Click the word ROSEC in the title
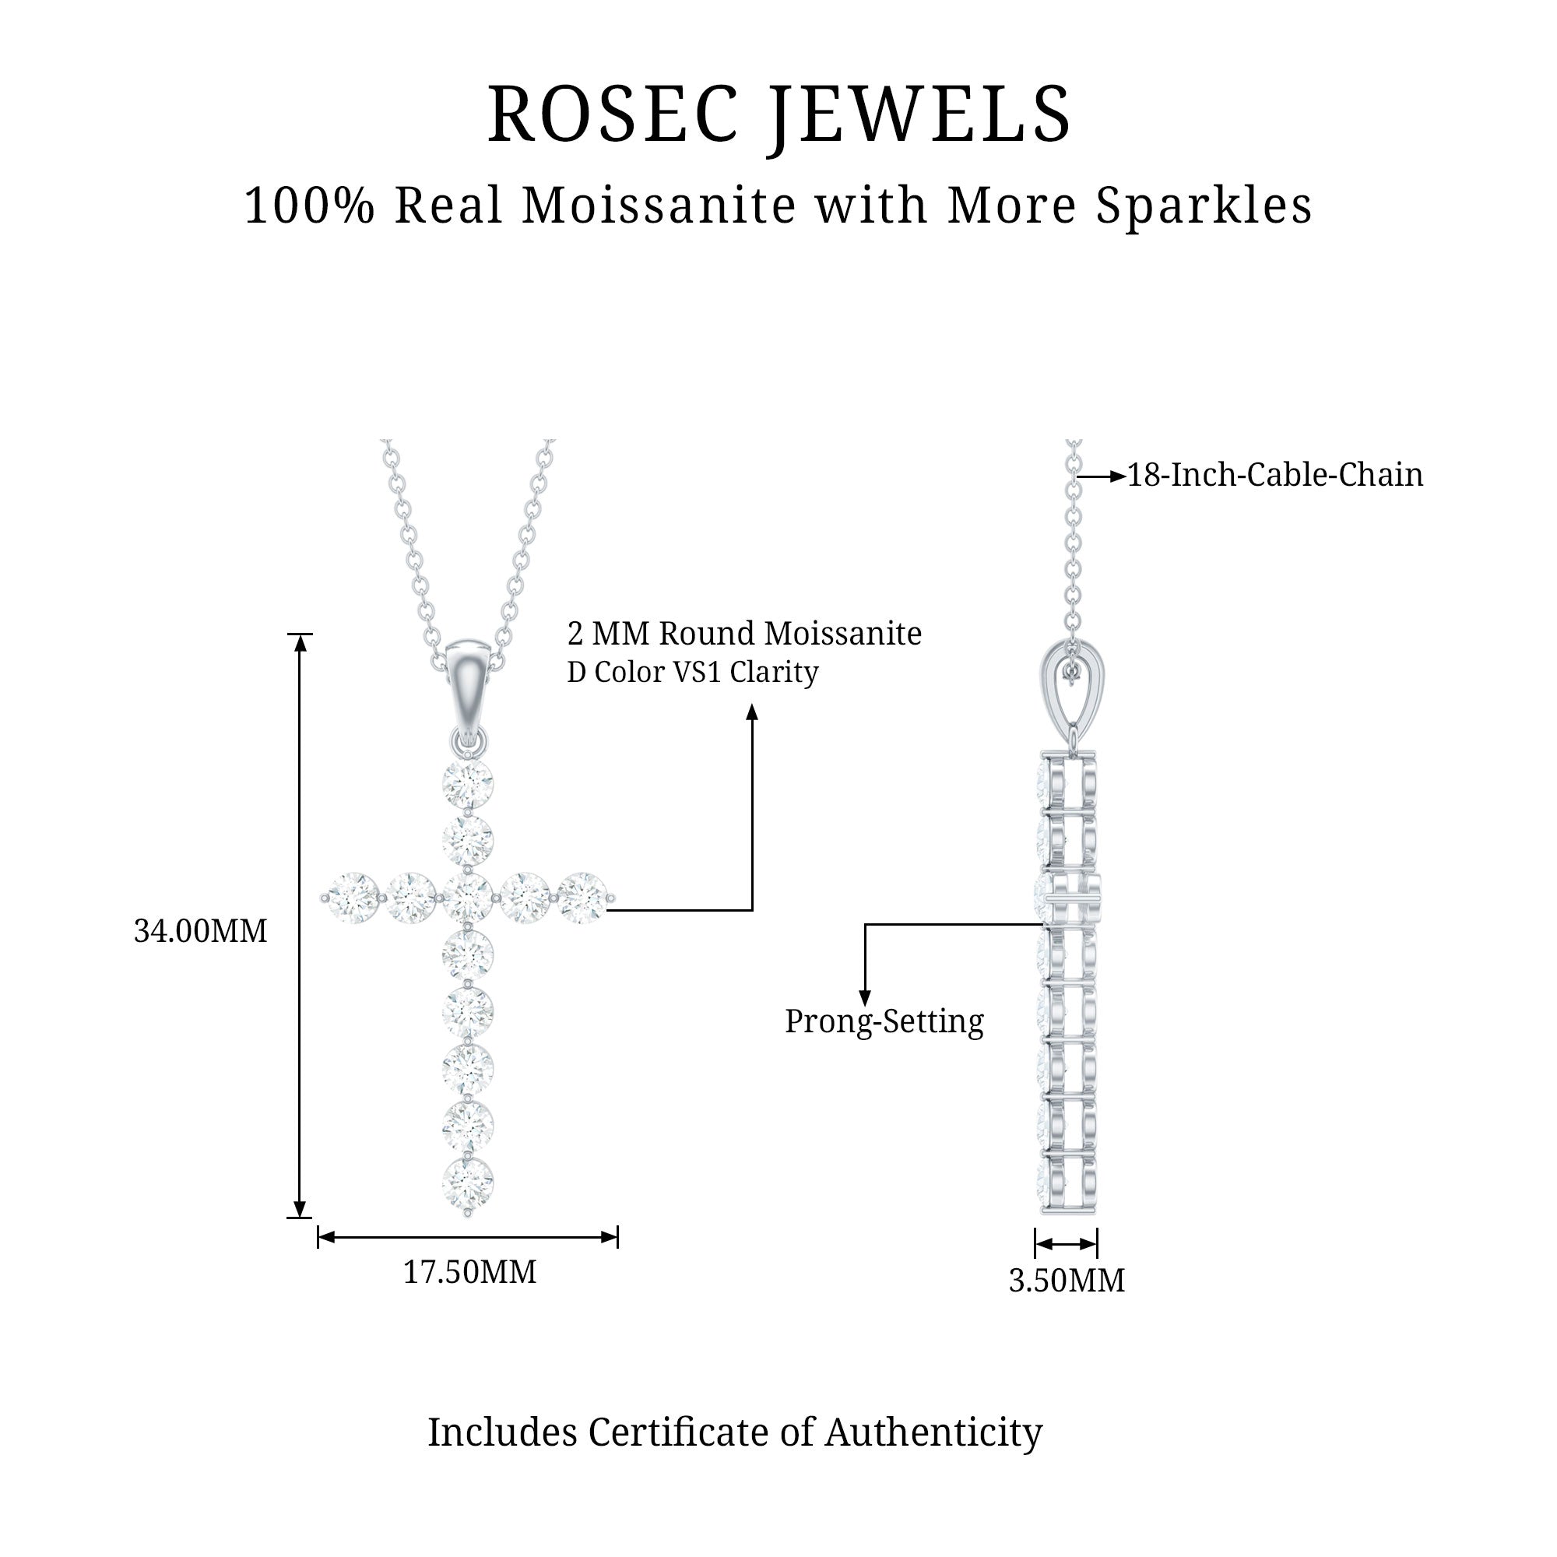click(x=613, y=114)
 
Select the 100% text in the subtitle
click(x=310, y=206)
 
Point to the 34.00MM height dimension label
click(x=200, y=932)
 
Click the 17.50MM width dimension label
click(x=469, y=1273)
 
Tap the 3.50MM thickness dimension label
click(x=1067, y=1281)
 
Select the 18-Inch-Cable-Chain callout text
click(x=1274, y=476)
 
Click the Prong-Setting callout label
click(x=884, y=1022)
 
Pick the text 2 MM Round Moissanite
click(x=743, y=634)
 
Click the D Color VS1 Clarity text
click(x=692, y=672)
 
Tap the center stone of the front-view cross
click(x=467, y=897)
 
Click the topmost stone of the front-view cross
click(x=467, y=782)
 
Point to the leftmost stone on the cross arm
click(x=353, y=897)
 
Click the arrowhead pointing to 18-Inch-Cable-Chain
click(x=1117, y=477)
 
